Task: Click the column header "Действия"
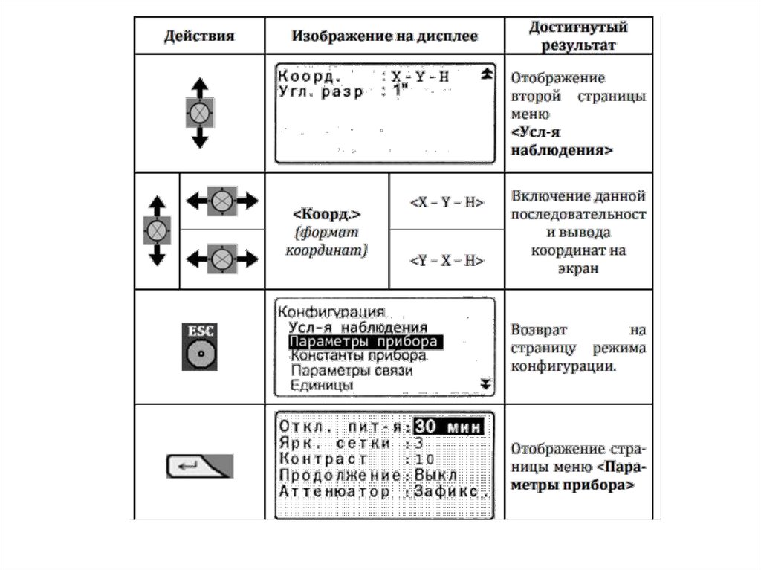pos(198,36)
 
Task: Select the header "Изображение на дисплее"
pos(384,36)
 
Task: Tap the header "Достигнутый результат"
pos(578,36)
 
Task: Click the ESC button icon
pos(199,346)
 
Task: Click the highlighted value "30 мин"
pos(448,427)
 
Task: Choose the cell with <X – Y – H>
pos(447,202)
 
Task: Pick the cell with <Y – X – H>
pos(447,260)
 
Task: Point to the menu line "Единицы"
pos(321,385)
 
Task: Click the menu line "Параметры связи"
pos(351,370)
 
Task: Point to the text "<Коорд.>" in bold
pos(327,216)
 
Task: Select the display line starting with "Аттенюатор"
pos(383,491)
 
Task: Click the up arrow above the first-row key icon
pos(198,85)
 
